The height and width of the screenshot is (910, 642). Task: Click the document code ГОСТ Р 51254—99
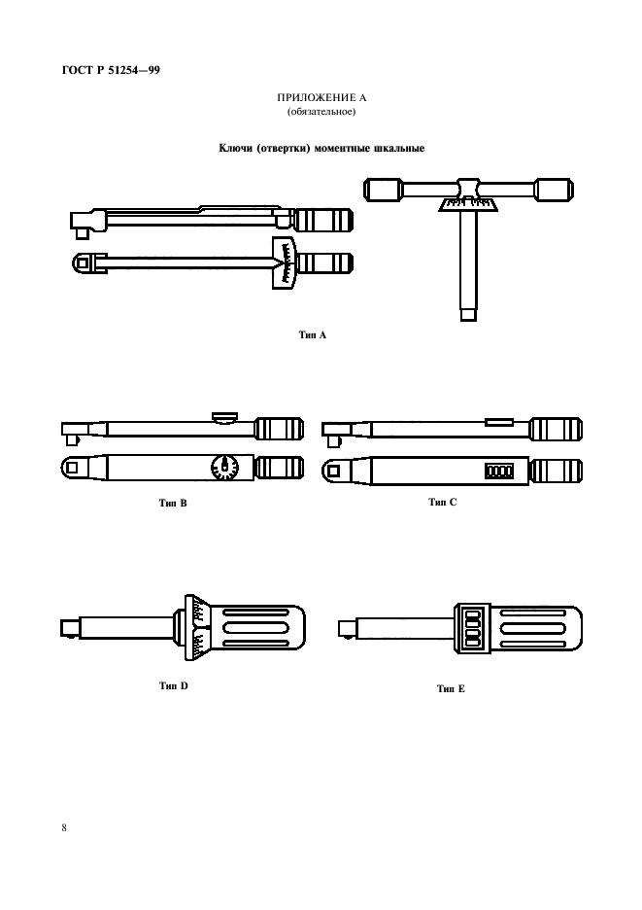point(111,70)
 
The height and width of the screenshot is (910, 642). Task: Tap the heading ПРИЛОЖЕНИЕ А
point(321,97)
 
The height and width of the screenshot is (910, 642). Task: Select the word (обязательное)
point(321,112)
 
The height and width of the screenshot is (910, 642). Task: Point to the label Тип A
point(313,334)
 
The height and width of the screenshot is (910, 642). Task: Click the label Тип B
point(173,503)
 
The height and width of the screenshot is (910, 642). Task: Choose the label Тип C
point(443,502)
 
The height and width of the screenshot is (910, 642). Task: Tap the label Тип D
point(174,685)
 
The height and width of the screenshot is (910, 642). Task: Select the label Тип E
point(451,688)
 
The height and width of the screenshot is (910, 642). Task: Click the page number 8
point(64,827)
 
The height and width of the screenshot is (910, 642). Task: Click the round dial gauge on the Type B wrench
point(225,468)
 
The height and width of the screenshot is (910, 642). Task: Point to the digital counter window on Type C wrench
point(499,471)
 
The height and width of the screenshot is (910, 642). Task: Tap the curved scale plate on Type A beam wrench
point(285,262)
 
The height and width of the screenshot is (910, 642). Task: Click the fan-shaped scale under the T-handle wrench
point(467,205)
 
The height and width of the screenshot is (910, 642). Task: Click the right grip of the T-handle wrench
point(554,191)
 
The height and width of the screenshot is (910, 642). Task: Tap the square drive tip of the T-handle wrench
point(468,314)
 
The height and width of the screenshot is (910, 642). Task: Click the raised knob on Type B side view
point(224,417)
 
